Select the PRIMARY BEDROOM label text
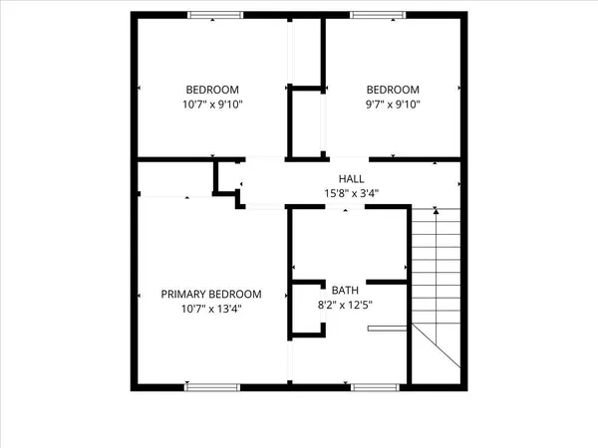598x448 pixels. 211,294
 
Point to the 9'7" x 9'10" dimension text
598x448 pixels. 393,105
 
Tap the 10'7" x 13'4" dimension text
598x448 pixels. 211,309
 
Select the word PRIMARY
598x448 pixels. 183,294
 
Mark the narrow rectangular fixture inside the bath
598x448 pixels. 387,328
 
